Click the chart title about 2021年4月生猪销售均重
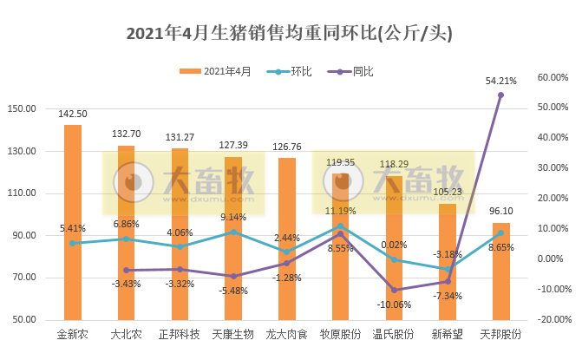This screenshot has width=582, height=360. [x=291, y=34]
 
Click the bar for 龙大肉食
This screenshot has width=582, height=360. [x=287, y=239]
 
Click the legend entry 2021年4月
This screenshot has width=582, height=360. [x=217, y=71]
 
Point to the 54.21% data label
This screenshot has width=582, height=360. [x=500, y=81]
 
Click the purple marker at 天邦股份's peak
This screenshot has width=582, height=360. [x=500, y=95]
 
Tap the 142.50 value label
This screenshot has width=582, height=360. [x=73, y=114]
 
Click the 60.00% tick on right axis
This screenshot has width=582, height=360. [x=552, y=77]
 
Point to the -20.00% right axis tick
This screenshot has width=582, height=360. [x=552, y=320]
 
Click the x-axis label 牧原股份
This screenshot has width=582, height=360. [x=341, y=334]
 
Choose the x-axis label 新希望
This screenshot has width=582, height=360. [x=447, y=334]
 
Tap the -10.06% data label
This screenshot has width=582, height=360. [x=395, y=304]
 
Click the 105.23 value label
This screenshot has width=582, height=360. [x=448, y=193]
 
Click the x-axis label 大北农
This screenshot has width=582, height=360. [x=127, y=334]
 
